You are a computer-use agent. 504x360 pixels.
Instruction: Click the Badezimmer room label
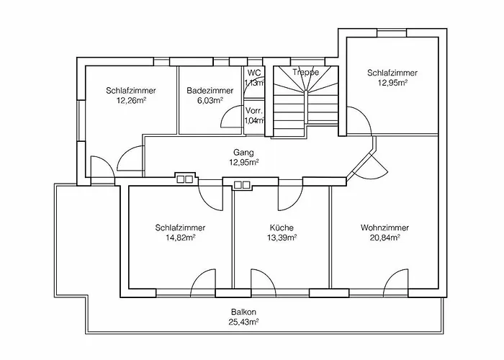coord(210,91)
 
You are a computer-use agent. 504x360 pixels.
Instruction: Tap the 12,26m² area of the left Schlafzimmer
coord(131,101)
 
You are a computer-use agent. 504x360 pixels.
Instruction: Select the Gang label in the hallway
coord(244,153)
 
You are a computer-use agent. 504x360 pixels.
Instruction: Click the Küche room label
coord(281,228)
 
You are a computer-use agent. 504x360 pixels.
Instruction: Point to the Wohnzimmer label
coord(380,228)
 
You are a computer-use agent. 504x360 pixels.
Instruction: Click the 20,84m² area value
coord(380,238)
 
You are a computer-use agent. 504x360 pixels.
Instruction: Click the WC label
coord(253,73)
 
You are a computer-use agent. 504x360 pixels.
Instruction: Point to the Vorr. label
coord(253,110)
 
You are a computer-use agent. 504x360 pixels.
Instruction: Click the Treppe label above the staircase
coord(305,72)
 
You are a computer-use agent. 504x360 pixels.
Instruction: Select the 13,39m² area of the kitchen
coord(281,238)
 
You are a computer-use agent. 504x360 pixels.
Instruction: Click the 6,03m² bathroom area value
coord(210,101)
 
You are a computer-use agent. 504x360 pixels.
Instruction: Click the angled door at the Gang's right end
coord(371,166)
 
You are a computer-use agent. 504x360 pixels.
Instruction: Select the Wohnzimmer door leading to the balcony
coord(396,281)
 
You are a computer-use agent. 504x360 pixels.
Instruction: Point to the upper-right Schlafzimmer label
coord(392,73)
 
